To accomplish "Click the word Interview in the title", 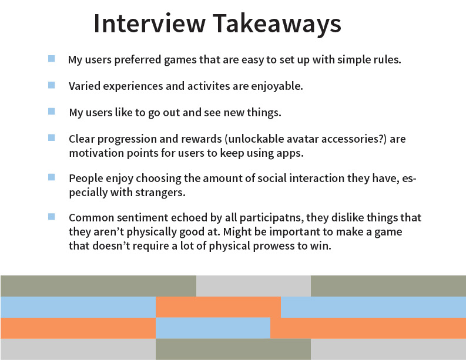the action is pyautogui.click(x=149, y=23).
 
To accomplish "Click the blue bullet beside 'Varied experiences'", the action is pyautogui.click(x=51, y=85).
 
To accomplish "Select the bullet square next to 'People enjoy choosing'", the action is pyautogui.click(x=51, y=177).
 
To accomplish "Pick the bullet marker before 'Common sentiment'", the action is pyautogui.click(x=51, y=217).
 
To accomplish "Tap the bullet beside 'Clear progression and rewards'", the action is pyautogui.click(x=51, y=138).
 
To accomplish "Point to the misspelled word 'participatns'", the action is pyautogui.click(x=271, y=218).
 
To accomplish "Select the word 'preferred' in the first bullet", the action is pyautogui.click(x=138, y=60).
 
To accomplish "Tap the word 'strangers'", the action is pyautogui.click(x=160, y=193).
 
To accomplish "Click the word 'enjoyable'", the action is pyautogui.click(x=277, y=86).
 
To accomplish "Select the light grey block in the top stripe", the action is pyautogui.click(x=253, y=286).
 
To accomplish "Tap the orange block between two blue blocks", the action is pyautogui.click(x=218, y=307).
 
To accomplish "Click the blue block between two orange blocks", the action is pyautogui.click(x=213, y=328).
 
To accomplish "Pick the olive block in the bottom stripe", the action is pyautogui.click(x=233, y=349).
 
